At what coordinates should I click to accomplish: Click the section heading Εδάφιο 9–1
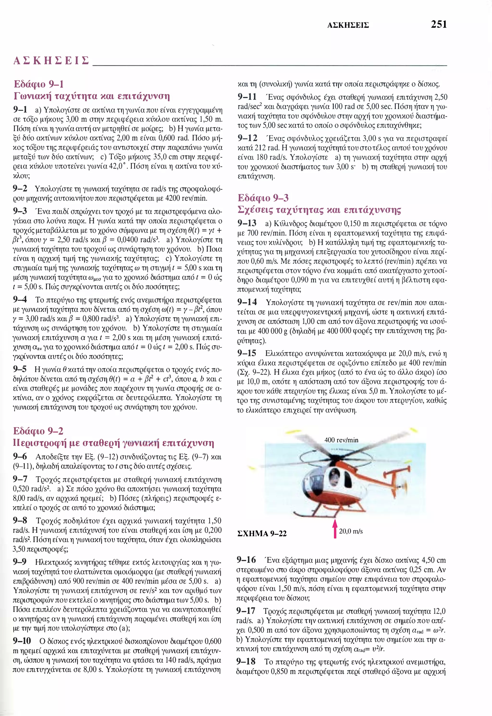tap(39, 84)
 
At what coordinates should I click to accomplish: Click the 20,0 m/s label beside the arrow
tap(351, 531)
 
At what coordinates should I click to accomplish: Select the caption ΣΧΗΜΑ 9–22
tap(262, 533)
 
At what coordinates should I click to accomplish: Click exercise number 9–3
tap(20, 211)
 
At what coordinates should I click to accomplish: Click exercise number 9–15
tap(247, 353)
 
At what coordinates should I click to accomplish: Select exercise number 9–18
tap(246, 661)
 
